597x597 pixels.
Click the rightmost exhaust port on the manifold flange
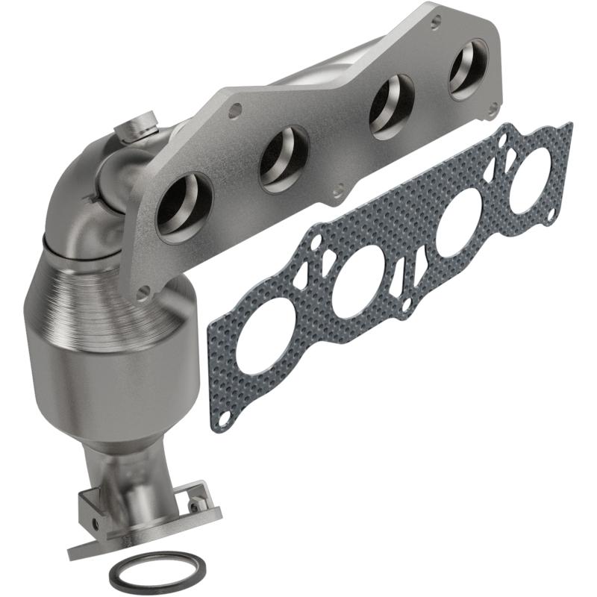coord(469,69)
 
